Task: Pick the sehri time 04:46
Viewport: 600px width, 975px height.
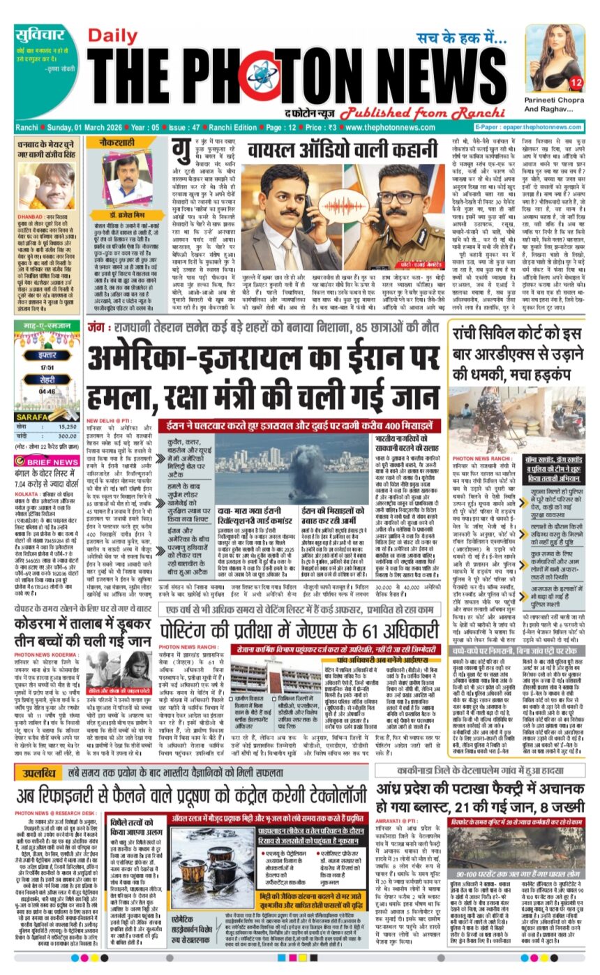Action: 47,392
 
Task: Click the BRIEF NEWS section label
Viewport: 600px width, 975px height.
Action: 56,462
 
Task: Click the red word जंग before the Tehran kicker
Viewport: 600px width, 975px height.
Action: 96,326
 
